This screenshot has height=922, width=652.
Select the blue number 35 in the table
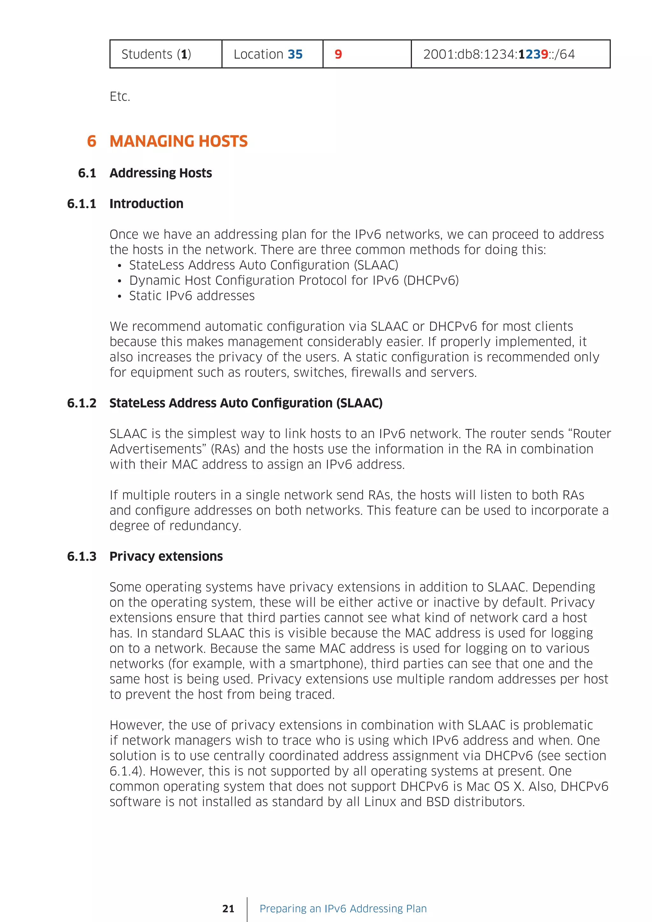pos(295,54)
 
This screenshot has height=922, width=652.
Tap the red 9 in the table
pos(338,54)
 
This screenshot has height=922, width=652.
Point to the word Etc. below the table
pos(120,96)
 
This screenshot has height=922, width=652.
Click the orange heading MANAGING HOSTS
pos(178,141)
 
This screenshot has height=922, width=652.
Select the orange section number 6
pos(92,141)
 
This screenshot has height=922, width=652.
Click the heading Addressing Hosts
pos(160,173)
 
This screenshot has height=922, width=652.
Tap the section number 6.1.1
pos(81,204)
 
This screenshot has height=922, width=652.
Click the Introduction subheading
pos(146,204)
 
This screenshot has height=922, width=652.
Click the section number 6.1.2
pos(81,403)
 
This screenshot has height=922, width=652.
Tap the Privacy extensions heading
pos(166,557)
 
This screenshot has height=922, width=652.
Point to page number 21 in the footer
pos(228,909)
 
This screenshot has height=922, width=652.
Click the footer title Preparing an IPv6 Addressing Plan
pos(343,909)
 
